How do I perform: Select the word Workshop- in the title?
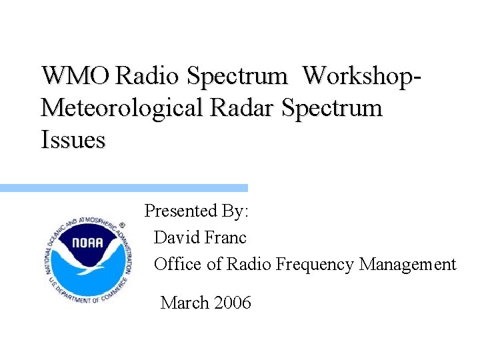tap(363, 76)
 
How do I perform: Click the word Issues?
tap(73, 140)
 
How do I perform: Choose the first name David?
tap(174, 238)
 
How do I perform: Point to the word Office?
tap(178, 265)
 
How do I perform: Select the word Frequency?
tap(315, 265)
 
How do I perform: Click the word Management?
tap(407, 265)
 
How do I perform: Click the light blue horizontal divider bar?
tap(123, 189)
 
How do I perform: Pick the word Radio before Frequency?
tap(249, 265)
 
